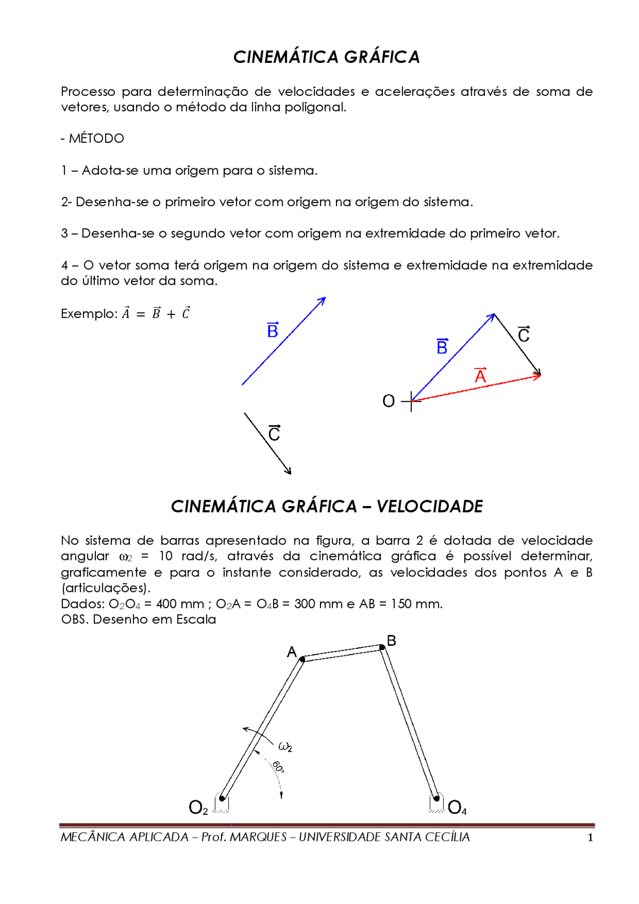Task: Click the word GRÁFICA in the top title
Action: pyautogui.click(x=382, y=57)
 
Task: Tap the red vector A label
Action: pyautogui.click(x=480, y=375)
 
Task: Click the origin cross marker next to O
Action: pyautogui.click(x=411, y=401)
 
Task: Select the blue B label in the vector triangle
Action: pyautogui.click(x=442, y=346)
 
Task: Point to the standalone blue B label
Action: pyautogui.click(x=273, y=330)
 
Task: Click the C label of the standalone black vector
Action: pyautogui.click(x=274, y=433)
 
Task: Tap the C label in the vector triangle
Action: pyautogui.click(x=524, y=334)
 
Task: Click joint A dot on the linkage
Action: pyautogui.click(x=302, y=659)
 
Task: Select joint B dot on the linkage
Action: pyautogui.click(x=382, y=647)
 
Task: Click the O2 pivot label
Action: pyautogui.click(x=198, y=807)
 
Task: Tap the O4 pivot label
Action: pyautogui.click(x=457, y=807)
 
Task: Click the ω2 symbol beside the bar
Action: pyautogui.click(x=285, y=747)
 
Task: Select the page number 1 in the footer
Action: pyautogui.click(x=590, y=838)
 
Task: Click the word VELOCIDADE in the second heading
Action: pyautogui.click(x=429, y=507)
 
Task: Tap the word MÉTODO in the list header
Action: pyautogui.click(x=96, y=138)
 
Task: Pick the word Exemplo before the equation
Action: pyautogui.click(x=88, y=313)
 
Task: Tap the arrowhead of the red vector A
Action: pyautogui.click(x=539, y=375)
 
